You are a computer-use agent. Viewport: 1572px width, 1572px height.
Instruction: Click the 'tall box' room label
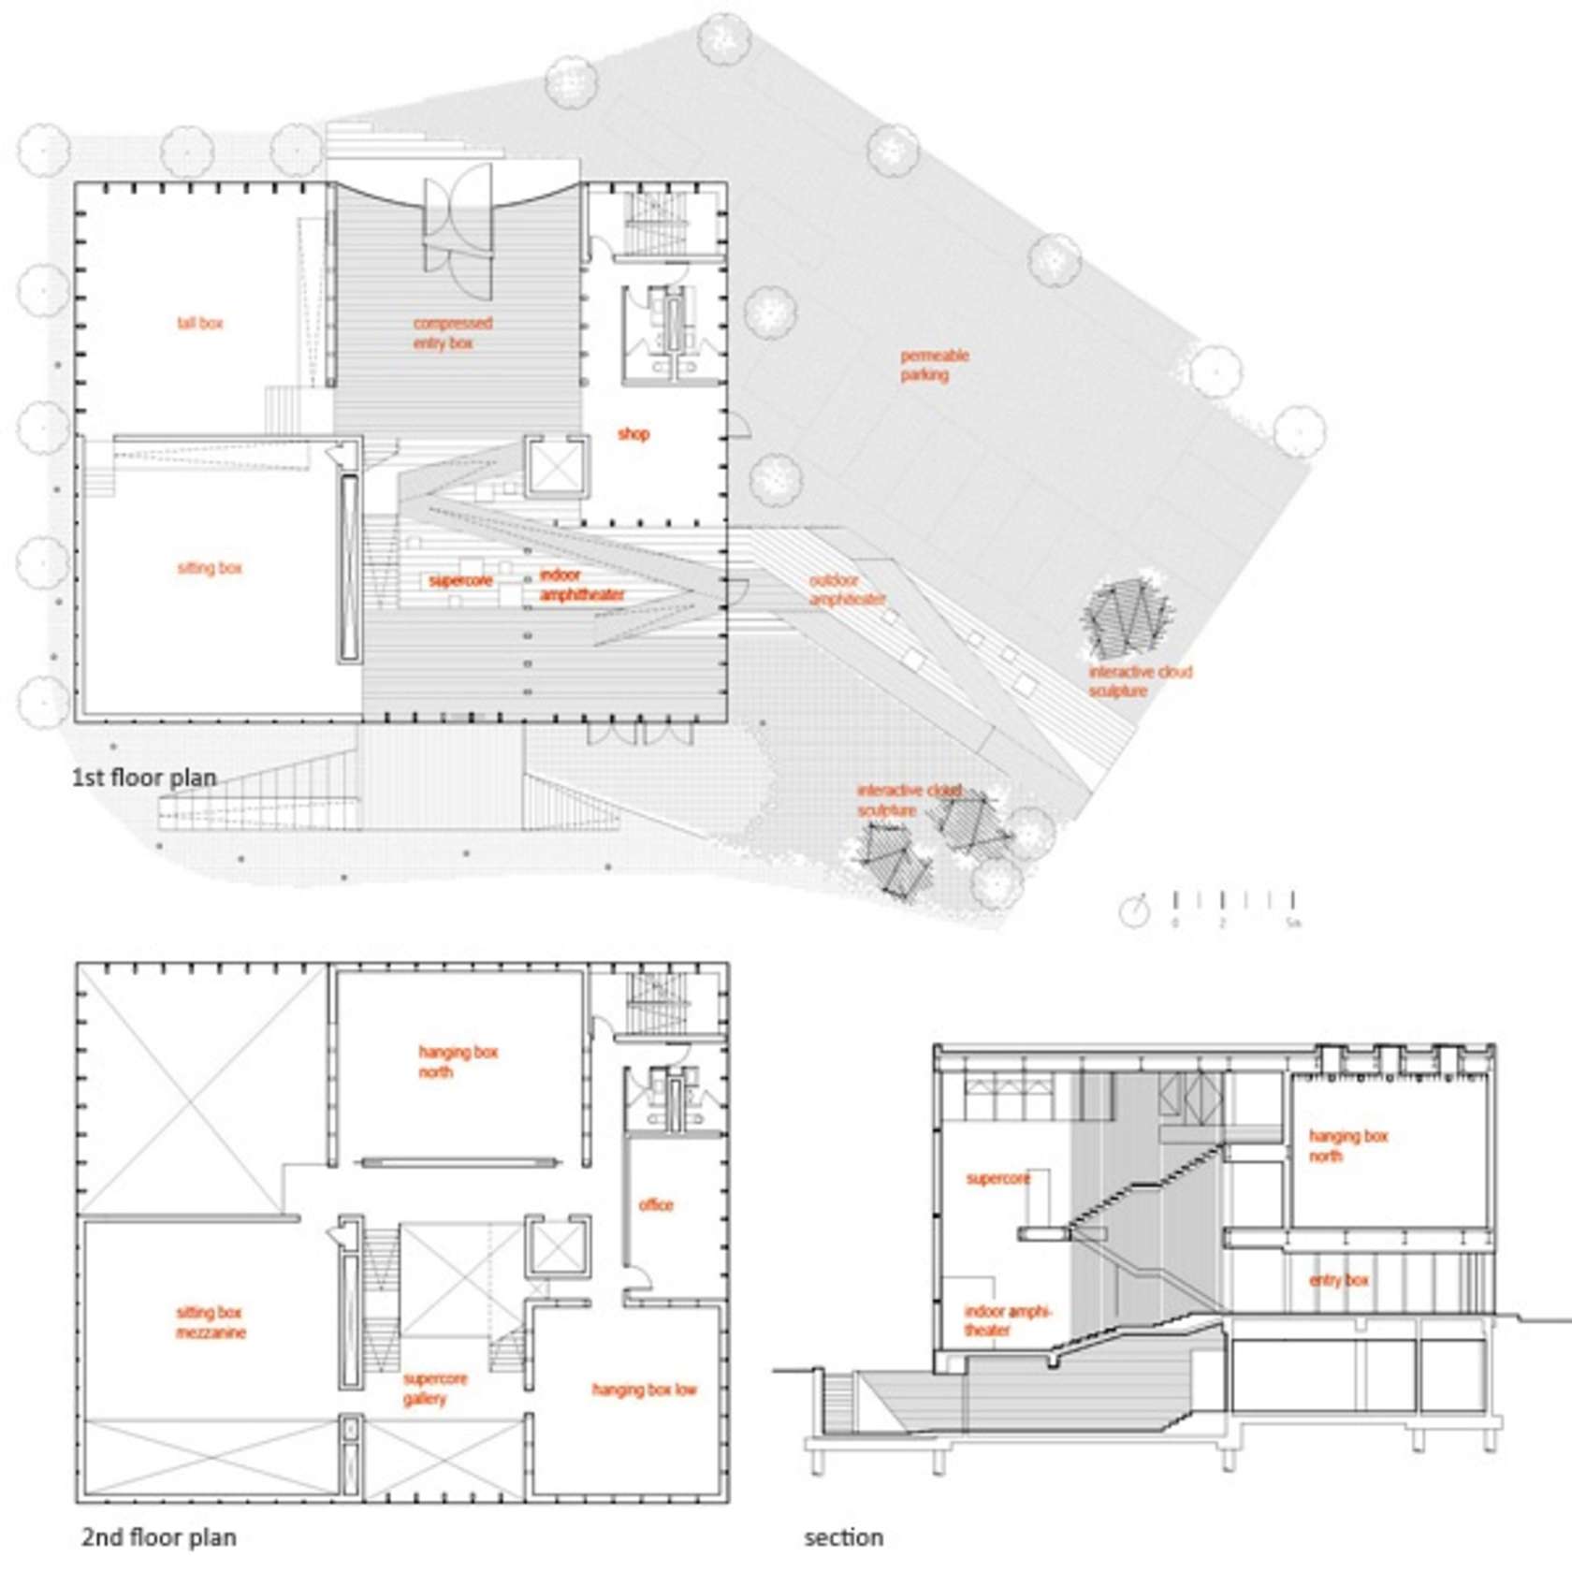click(200, 324)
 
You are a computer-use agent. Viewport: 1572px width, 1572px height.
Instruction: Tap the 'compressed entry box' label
click(452, 333)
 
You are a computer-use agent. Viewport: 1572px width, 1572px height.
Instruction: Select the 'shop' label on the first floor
click(633, 434)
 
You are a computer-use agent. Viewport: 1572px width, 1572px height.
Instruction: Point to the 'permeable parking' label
click(934, 365)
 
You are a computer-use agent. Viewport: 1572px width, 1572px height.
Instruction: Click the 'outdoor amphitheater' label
click(846, 589)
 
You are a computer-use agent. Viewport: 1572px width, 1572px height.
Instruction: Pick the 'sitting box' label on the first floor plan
click(210, 568)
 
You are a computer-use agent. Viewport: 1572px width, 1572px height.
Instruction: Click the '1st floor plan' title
click(144, 778)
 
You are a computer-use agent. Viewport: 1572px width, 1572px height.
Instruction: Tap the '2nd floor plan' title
click(158, 1537)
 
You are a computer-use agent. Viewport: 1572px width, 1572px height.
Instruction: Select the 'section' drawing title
click(843, 1537)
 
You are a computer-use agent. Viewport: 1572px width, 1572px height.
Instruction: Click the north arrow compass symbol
click(1134, 910)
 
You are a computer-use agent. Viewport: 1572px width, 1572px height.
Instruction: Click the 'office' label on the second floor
click(656, 1205)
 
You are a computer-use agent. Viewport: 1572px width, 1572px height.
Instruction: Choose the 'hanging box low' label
click(644, 1390)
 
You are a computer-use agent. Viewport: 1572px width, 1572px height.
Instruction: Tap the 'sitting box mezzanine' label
click(211, 1322)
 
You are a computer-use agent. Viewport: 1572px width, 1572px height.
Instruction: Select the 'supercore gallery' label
click(434, 1389)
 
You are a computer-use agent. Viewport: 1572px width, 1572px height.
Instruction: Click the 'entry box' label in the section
click(1338, 1280)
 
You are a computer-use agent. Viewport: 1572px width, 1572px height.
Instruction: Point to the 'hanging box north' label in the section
click(1347, 1145)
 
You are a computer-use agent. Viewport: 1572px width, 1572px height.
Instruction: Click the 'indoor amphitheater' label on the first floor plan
click(580, 585)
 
